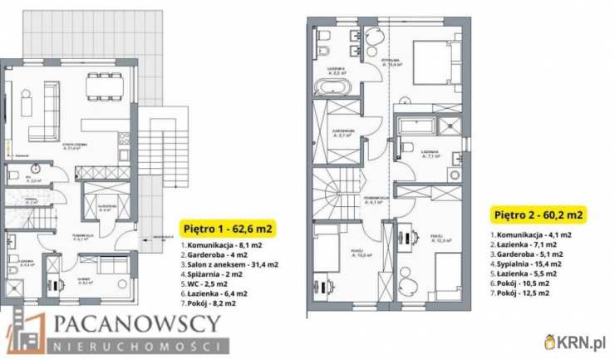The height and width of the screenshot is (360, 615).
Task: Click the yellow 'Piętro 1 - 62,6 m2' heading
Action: click(x=228, y=226)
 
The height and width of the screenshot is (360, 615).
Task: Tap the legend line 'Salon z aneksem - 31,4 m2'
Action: click(x=229, y=264)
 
